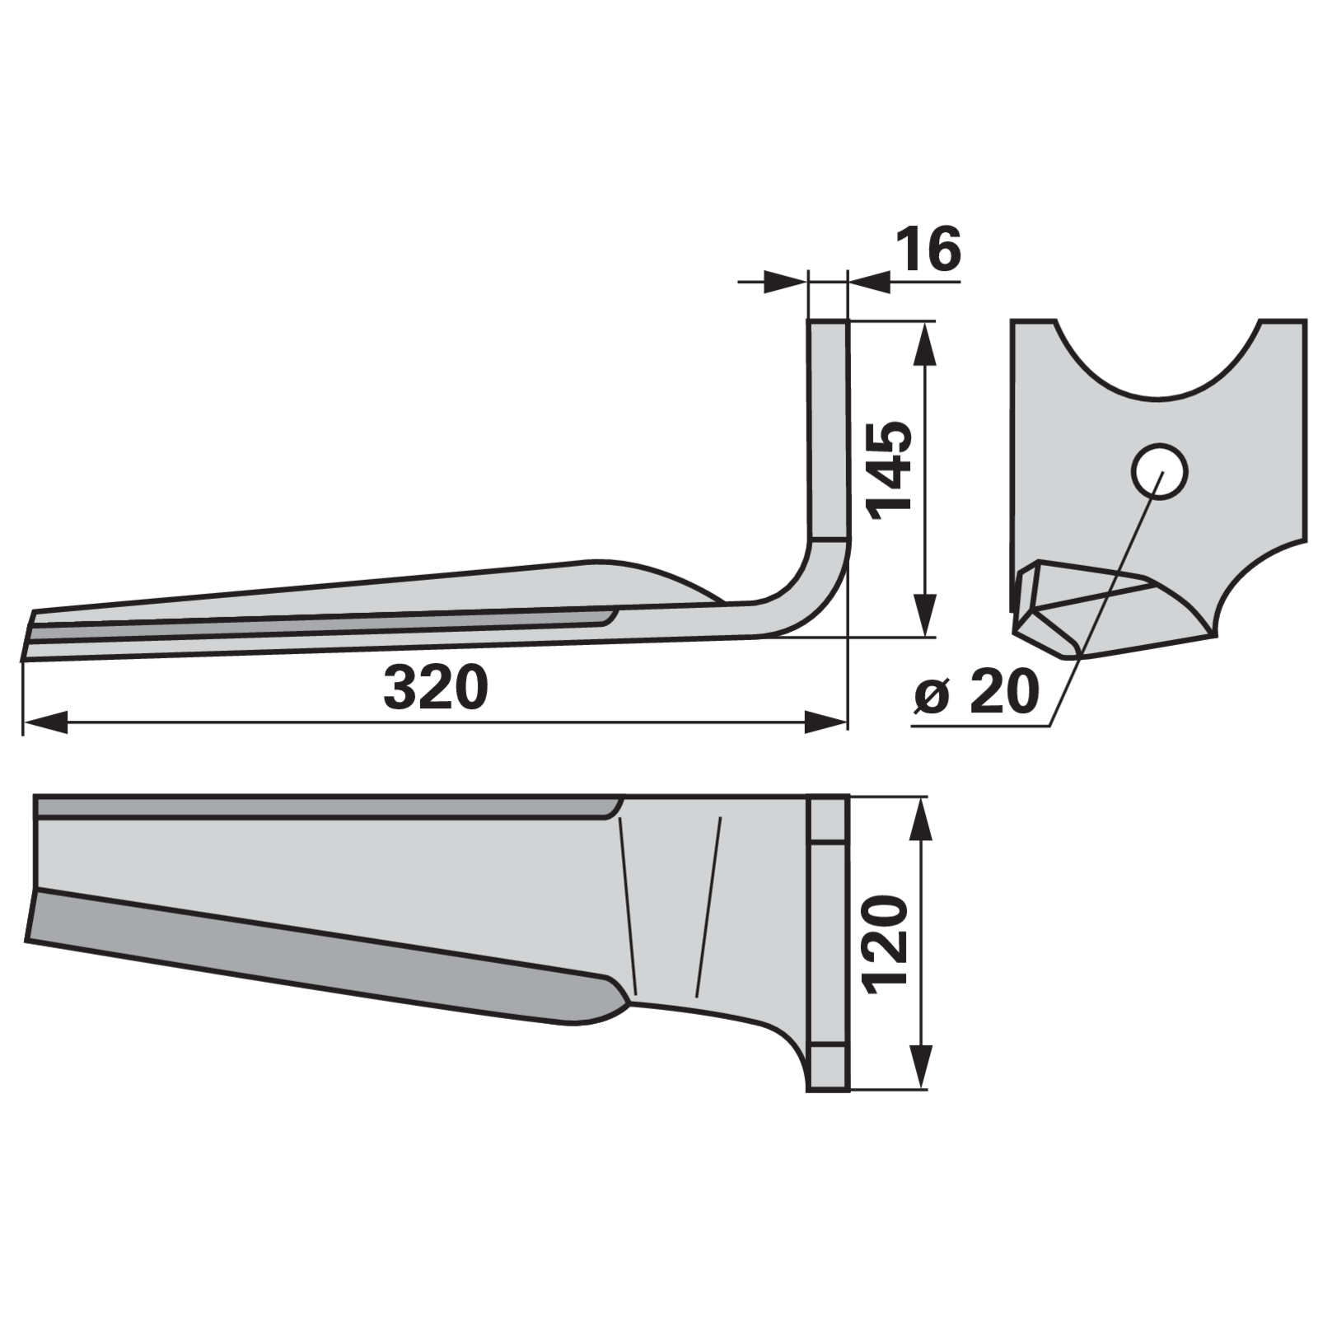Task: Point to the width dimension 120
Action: (886, 942)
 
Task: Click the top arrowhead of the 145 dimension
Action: (926, 344)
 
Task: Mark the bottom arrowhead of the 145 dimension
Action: (926, 615)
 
